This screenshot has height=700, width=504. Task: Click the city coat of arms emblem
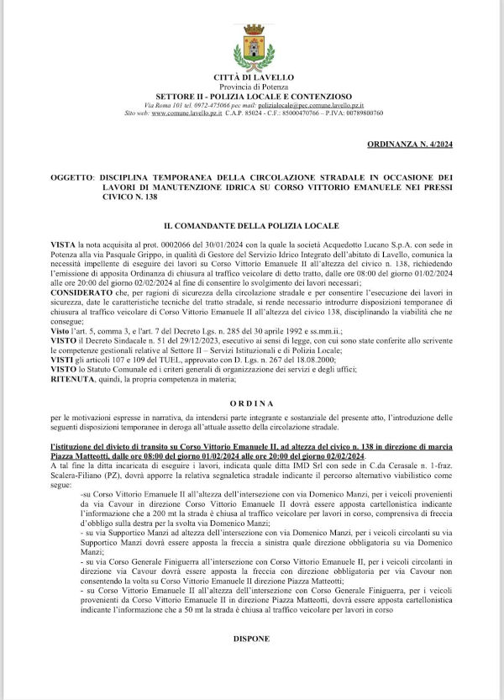(253, 45)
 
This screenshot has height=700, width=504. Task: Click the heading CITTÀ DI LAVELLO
(253, 78)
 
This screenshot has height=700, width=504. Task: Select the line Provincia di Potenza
(253, 87)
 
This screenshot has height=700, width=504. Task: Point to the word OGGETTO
(71, 178)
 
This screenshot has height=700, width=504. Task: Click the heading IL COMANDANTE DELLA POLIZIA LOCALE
(252, 224)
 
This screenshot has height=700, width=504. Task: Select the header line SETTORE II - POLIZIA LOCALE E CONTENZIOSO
(253, 96)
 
